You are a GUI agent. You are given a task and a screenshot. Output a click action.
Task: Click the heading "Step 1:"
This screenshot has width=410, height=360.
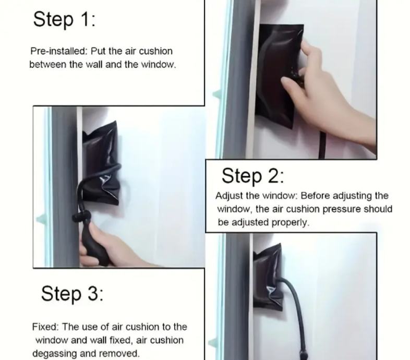pos(64,19)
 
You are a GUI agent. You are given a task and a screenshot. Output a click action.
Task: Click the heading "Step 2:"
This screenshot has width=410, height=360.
pos(252,176)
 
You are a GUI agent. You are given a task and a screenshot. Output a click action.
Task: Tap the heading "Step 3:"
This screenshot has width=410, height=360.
pos(72,293)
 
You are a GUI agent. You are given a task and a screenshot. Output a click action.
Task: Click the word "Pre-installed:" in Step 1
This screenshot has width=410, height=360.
pos(58,51)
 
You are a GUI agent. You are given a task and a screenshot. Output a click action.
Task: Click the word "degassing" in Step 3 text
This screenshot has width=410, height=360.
pos(55,354)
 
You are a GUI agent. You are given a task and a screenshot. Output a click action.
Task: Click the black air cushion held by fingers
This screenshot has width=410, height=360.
pos(279,76)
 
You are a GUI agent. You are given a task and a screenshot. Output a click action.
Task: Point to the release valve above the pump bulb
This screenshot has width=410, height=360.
pos(81,216)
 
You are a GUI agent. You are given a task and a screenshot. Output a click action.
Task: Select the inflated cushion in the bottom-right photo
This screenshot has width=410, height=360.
pos(268,278)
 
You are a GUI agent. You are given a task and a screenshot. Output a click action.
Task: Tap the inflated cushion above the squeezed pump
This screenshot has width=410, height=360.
pos(101,162)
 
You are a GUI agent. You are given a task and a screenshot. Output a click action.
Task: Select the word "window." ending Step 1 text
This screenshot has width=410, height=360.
pos(159,64)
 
